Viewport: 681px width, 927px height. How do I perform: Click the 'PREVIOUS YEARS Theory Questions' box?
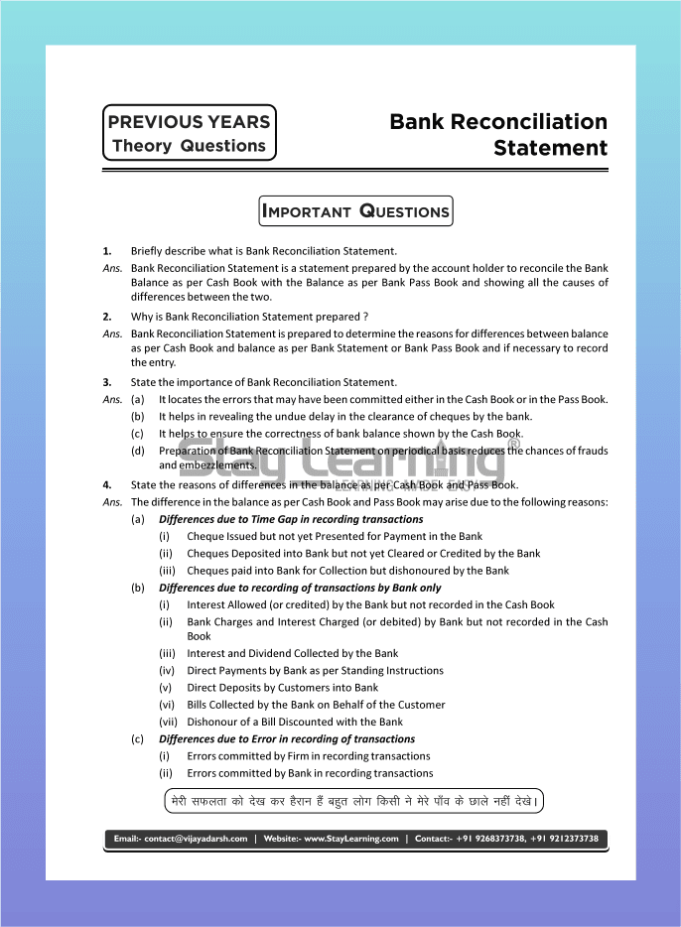point(189,133)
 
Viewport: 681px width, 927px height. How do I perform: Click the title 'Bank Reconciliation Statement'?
point(498,134)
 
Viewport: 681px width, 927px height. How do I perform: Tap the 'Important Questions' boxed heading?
point(355,210)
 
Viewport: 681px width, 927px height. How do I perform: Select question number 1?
point(107,251)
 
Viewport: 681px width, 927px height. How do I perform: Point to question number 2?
point(107,317)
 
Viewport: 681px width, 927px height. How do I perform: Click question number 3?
point(107,382)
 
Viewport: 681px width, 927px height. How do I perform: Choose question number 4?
point(107,485)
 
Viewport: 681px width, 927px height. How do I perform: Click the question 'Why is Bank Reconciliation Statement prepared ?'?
point(250,317)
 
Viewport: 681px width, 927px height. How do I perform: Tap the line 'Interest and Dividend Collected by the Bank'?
point(292,654)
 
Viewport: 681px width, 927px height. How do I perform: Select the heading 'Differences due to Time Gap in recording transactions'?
point(291,519)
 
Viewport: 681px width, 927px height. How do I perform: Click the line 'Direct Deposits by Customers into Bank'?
point(282,688)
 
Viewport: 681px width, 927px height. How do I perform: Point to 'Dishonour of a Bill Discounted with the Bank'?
point(295,722)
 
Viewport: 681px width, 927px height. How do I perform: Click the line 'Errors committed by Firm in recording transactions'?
point(308,756)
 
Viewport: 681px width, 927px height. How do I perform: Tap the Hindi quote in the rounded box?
point(354,801)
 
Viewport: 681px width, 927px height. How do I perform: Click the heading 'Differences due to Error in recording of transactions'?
point(287,739)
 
